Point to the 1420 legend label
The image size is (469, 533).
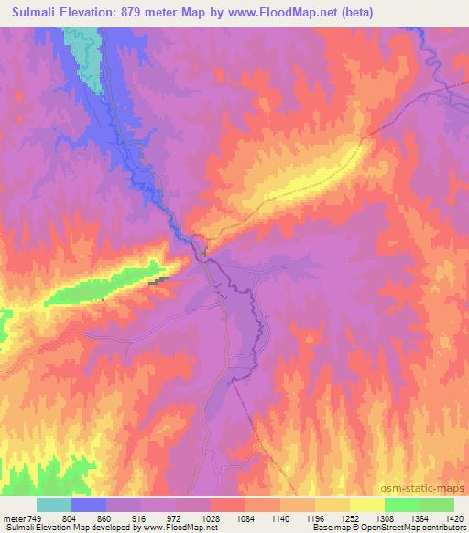453,517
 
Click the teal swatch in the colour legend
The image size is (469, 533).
54,505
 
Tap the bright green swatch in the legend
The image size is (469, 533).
401,505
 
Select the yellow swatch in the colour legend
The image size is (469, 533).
367,505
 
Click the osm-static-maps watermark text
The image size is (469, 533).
431,492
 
